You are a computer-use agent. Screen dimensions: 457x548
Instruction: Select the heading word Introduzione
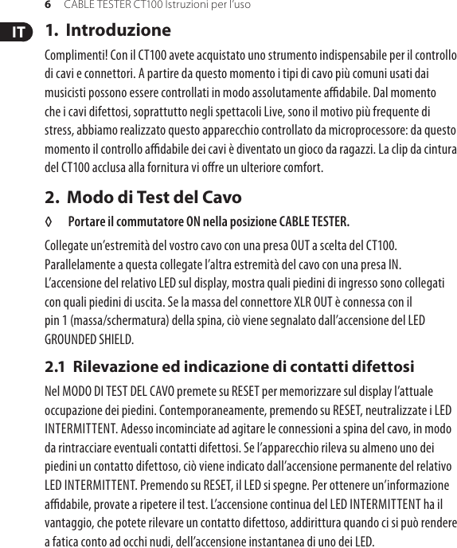click(118, 31)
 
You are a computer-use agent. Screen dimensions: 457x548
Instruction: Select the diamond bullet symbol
click(49, 221)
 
